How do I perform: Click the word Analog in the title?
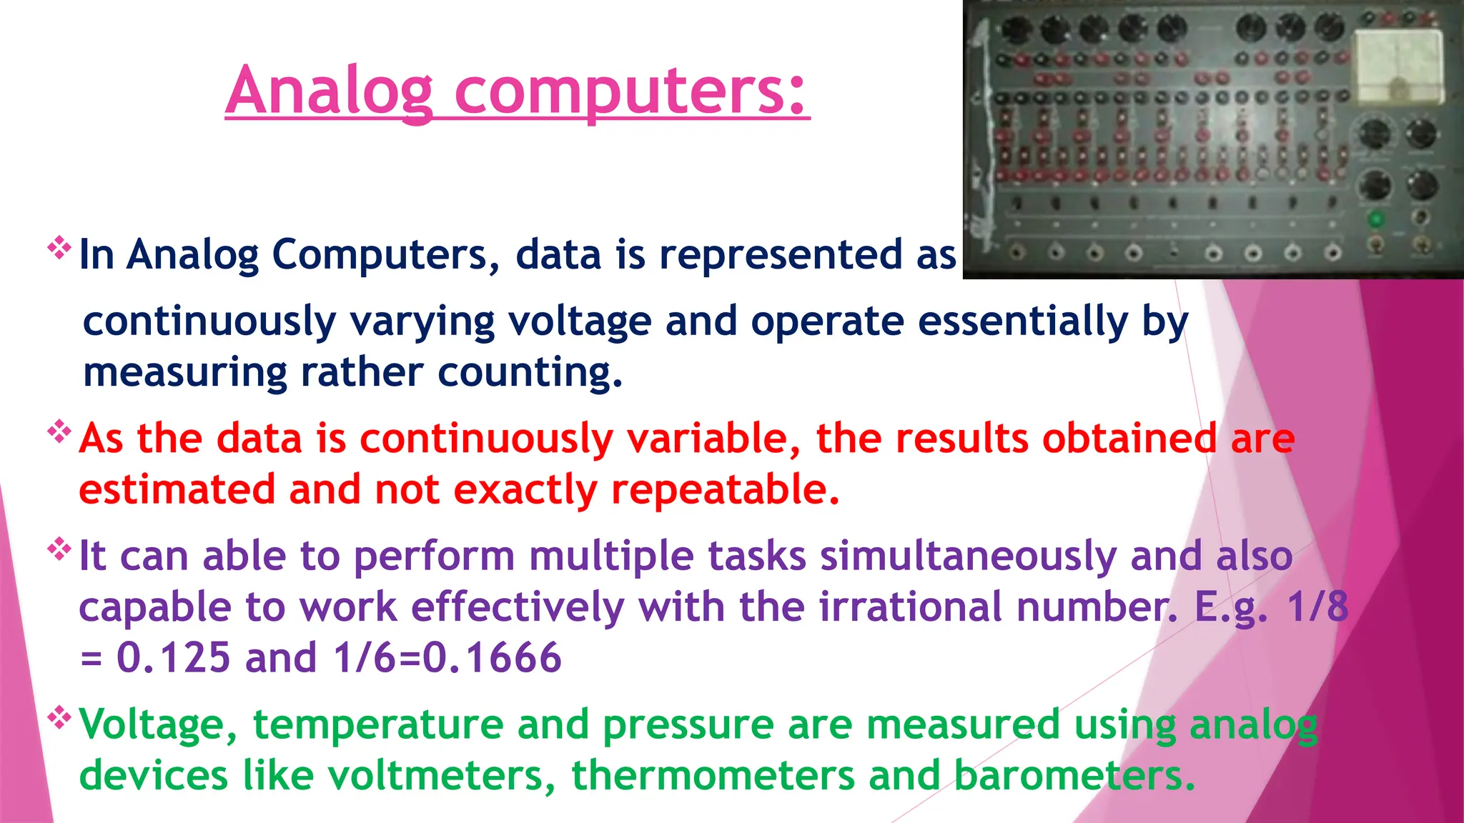click(330, 91)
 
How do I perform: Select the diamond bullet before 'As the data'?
click(59, 432)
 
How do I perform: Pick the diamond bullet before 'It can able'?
click(59, 549)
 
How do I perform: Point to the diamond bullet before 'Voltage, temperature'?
click(59, 717)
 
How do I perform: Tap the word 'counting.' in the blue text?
click(530, 373)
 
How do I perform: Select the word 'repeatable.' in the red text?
click(725, 490)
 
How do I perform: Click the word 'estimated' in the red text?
click(177, 490)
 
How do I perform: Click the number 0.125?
click(173, 658)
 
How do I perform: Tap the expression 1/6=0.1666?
click(447, 658)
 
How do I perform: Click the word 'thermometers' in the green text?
click(712, 776)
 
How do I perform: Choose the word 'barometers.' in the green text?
click(1074, 776)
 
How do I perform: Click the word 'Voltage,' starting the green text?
click(158, 725)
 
